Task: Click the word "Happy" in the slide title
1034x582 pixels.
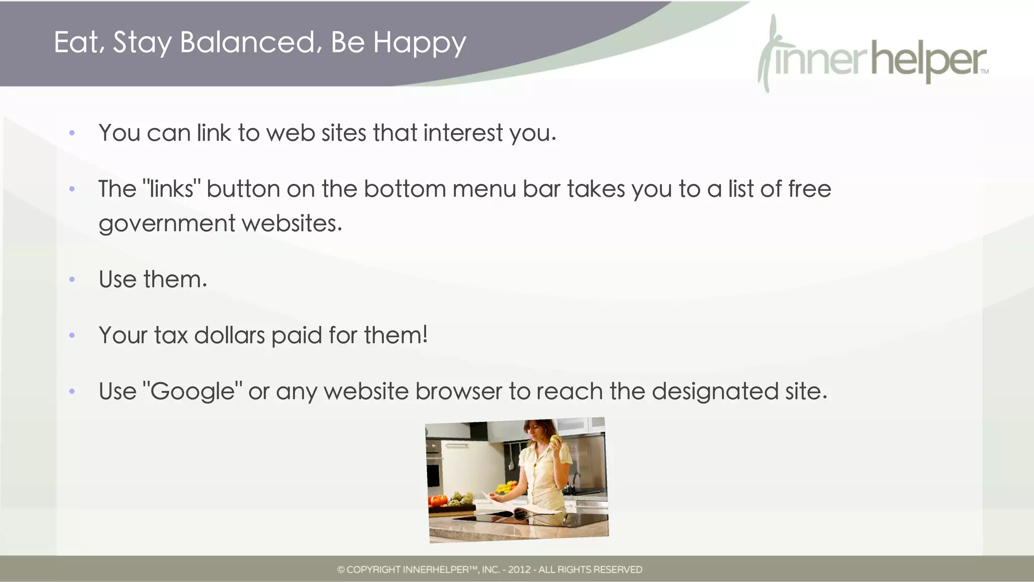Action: pos(419,43)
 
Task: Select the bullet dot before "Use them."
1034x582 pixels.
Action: pos(72,279)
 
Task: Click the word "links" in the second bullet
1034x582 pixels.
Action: pos(172,189)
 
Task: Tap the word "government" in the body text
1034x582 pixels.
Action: pos(167,224)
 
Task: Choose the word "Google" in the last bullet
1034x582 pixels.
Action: pos(192,392)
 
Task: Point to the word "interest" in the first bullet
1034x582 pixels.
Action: pos(462,133)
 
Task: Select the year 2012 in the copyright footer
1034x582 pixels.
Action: pos(519,570)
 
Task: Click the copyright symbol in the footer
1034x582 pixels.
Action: pos(341,570)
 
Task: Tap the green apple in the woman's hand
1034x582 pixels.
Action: pos(555,439)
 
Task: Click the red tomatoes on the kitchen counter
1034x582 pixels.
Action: pos(437,500)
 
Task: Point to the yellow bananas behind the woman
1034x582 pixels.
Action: pos(505,488)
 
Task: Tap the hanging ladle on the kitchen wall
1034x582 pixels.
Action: pos(511,457)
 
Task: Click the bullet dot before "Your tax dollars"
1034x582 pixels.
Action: pos(72,335)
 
